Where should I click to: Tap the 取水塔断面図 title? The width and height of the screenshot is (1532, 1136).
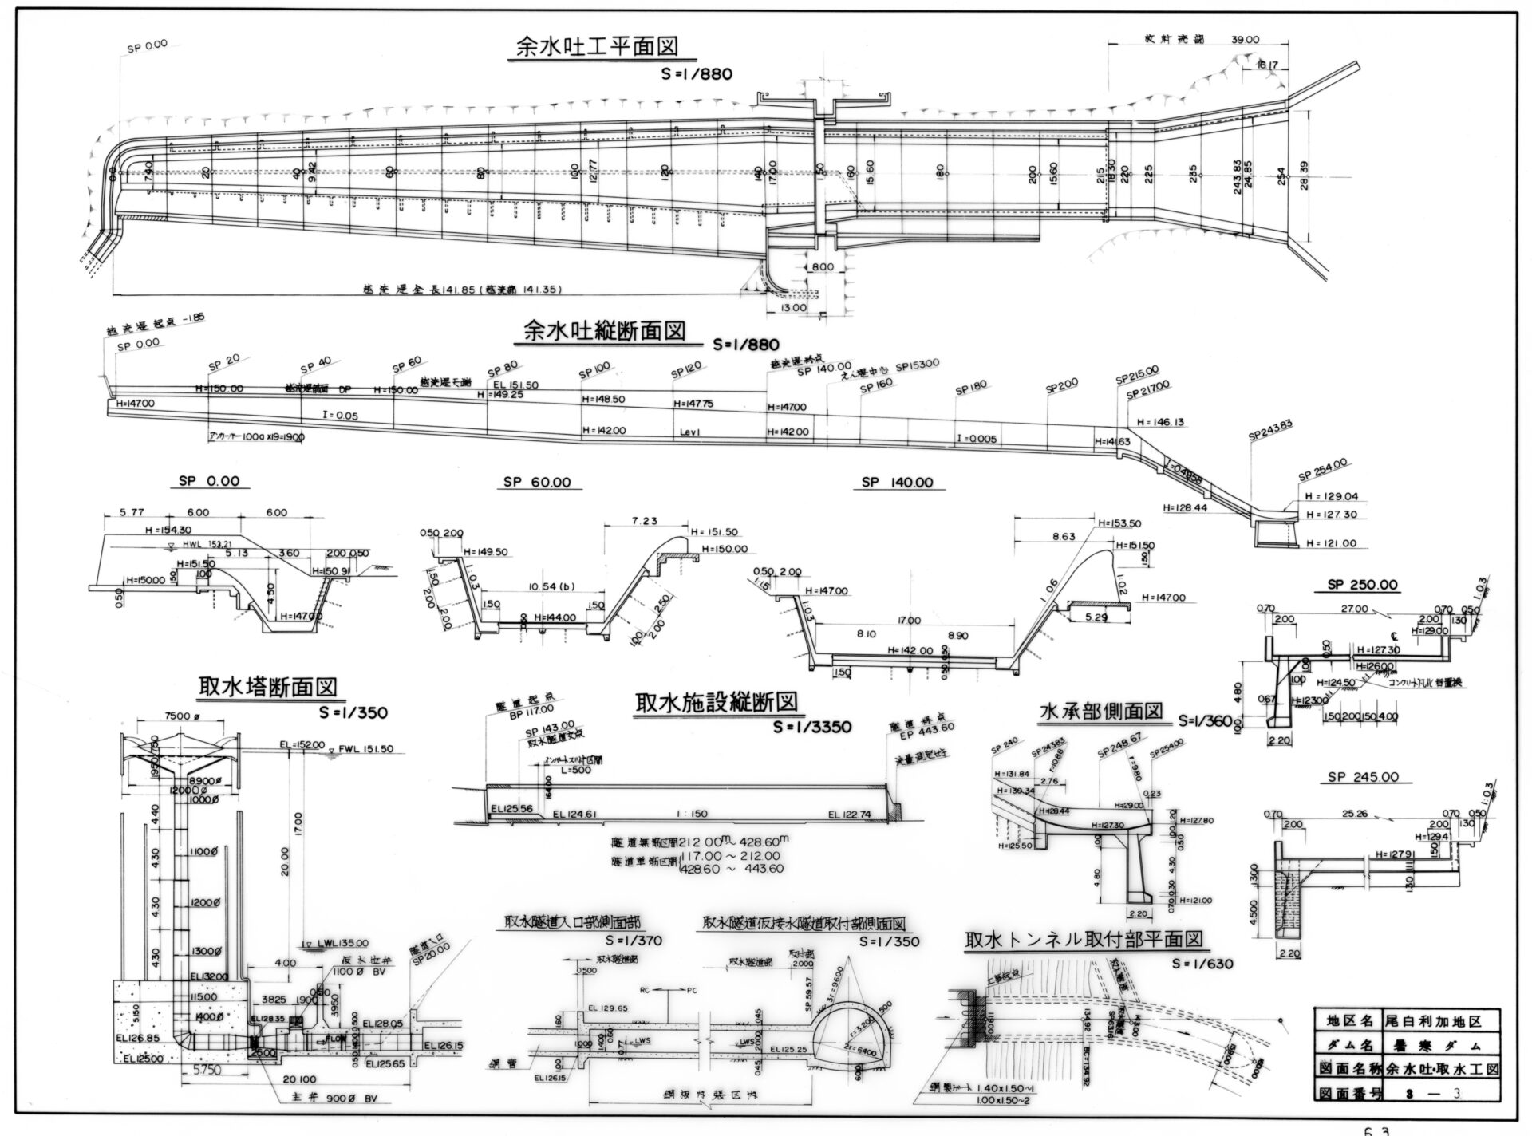tap(267, 686)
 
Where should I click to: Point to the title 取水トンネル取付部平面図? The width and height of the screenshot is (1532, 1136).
tap(1083, 938)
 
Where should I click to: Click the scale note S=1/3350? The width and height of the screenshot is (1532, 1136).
tap(812, 727)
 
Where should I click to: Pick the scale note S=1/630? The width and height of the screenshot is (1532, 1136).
tap(1202, 964)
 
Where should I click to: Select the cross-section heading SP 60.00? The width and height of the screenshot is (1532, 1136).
tap(537, 483)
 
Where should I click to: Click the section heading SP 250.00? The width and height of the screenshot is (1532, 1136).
tap(1362, 585)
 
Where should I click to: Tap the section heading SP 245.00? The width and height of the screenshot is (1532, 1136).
tap(1362, 778)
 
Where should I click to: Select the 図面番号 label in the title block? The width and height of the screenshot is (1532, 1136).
tap(1344, 1090)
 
